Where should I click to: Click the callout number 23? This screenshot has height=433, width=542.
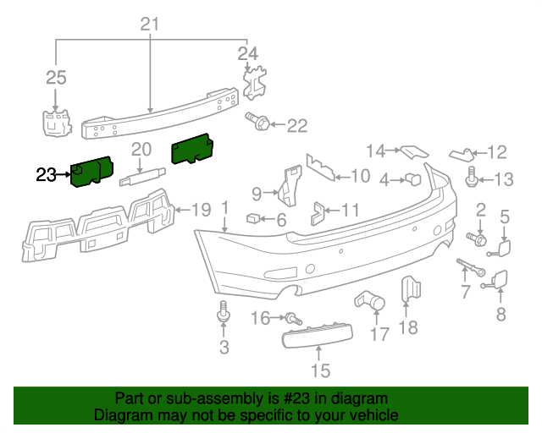click(x=47, y=175)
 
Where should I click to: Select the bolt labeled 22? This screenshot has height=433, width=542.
click(x=258, y=124)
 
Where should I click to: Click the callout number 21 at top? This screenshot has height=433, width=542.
click(x=150, y=24)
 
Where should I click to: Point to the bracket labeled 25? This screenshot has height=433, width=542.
click(x=56, y=122)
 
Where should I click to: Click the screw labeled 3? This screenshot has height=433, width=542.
click(x=224, y=312)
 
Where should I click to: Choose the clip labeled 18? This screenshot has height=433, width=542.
click(x=408, y=289)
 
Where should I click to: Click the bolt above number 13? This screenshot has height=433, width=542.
click(x=471, y=177)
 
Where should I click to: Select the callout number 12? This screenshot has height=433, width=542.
click(x=496, y=152)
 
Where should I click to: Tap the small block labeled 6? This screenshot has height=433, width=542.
click(x=252, y=218)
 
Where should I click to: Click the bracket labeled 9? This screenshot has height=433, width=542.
click(x=289, y=188)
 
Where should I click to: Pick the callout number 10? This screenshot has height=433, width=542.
click(x=360, y=176)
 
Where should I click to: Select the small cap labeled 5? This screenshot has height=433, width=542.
click(x=503, y=248)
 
